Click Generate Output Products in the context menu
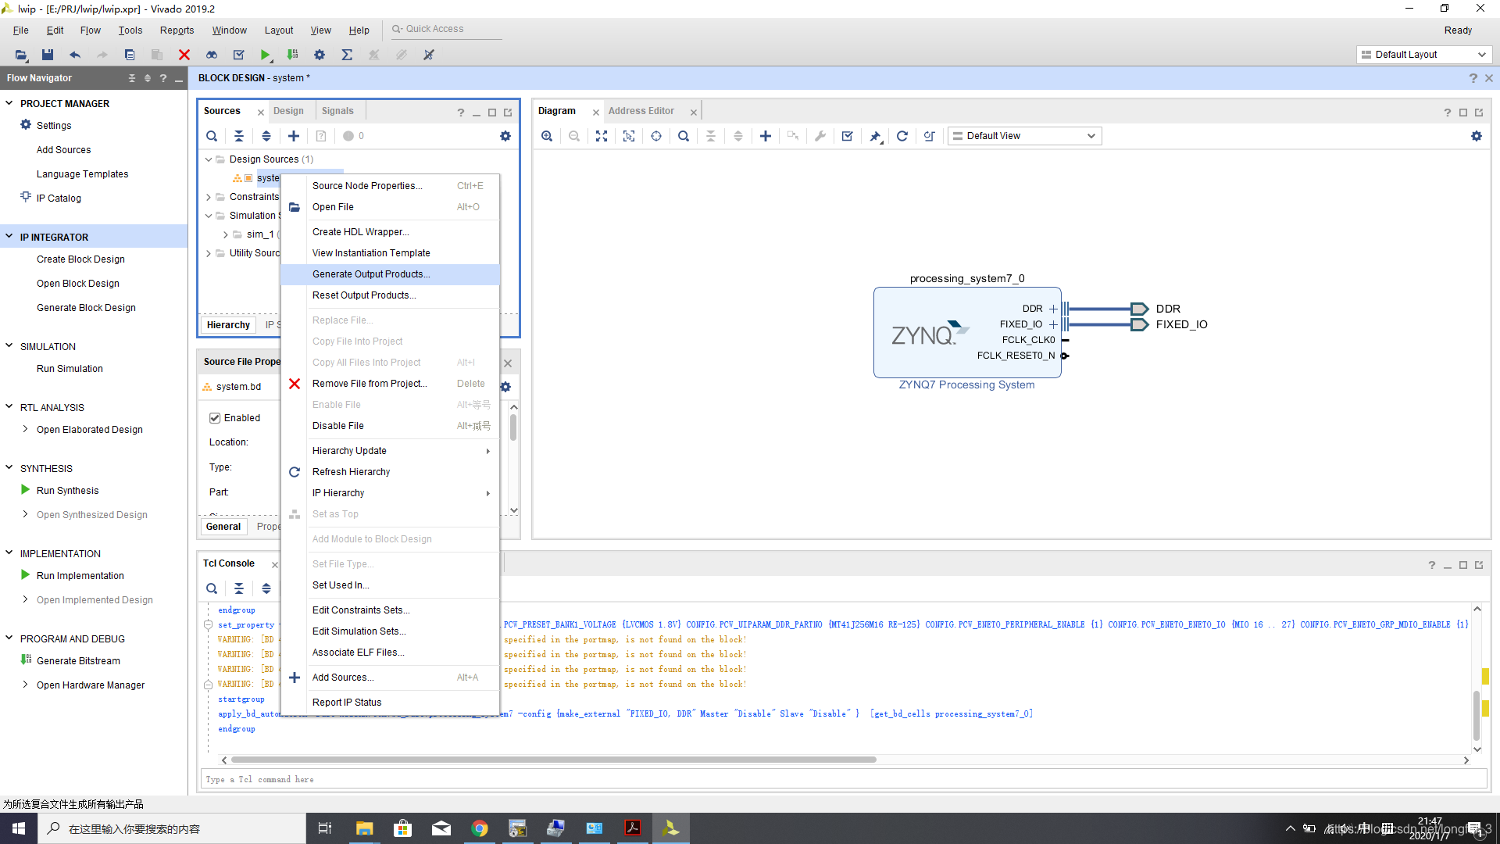point(371,274)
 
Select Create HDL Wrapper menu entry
point(360,232)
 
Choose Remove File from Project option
point(369,384)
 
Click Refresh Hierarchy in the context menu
point(351,472)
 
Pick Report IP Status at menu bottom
point(347,703)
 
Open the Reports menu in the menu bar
point(177,30)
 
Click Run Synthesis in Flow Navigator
point(67,491)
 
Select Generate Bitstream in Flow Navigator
point(78,661)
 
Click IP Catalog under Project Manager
point(59,198)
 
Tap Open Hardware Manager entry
point(91,685)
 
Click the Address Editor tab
point(641,111)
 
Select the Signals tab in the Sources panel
point(337,111)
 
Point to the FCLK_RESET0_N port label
point(1016,356)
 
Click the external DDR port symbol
point(1139,309)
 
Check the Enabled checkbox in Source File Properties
point(215,418)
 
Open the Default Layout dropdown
point(1423,55)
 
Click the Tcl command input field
point(844,779)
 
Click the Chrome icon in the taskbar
point(480,828)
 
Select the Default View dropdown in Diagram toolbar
point(1024,136)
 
